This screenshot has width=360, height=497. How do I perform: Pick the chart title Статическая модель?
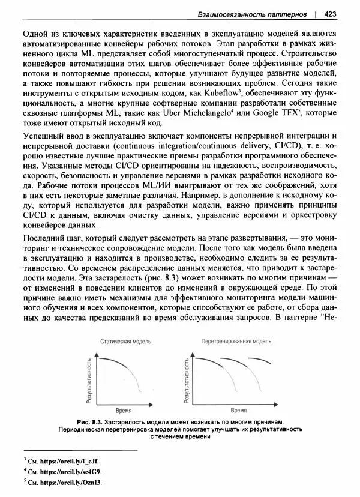point(126,341)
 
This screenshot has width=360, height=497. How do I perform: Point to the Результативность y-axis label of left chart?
point(89,379)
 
